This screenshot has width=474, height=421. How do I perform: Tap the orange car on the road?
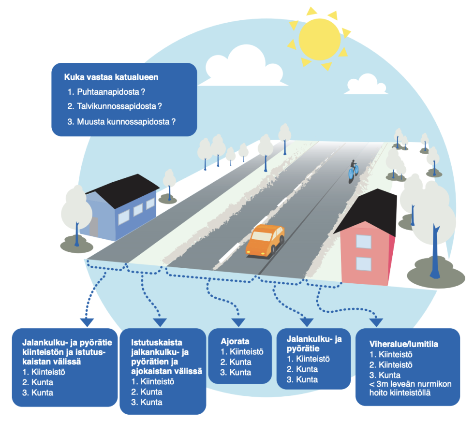(265, 240)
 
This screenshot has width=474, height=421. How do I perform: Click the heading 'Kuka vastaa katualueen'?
(111, 76)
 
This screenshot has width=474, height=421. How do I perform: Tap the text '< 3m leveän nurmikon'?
(410, 384)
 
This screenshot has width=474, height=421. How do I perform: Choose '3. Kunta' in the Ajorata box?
(236, 372)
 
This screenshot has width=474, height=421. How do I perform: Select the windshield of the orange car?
(262, 236)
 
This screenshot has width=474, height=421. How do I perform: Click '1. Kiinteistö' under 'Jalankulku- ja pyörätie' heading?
(308, 359)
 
